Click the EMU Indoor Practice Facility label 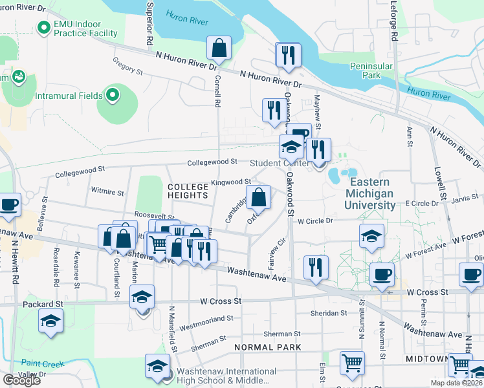point(85,28)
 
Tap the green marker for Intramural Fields point(113,96)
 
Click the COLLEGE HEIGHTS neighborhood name point(188,190)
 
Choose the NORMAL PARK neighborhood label point(268,347)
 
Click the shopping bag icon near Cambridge point(258,198)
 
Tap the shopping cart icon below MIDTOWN point(459,365)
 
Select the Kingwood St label point(232,182)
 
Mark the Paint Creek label point(43,364)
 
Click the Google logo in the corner point(21,380)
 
